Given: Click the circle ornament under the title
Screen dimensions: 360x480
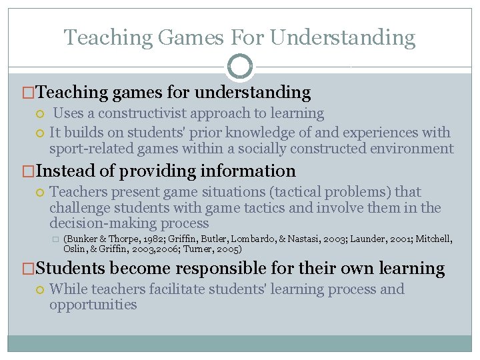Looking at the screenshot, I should (240, 66).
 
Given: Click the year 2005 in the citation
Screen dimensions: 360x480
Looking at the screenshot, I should (229, 249).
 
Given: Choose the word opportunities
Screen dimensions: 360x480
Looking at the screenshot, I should (93, 305).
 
